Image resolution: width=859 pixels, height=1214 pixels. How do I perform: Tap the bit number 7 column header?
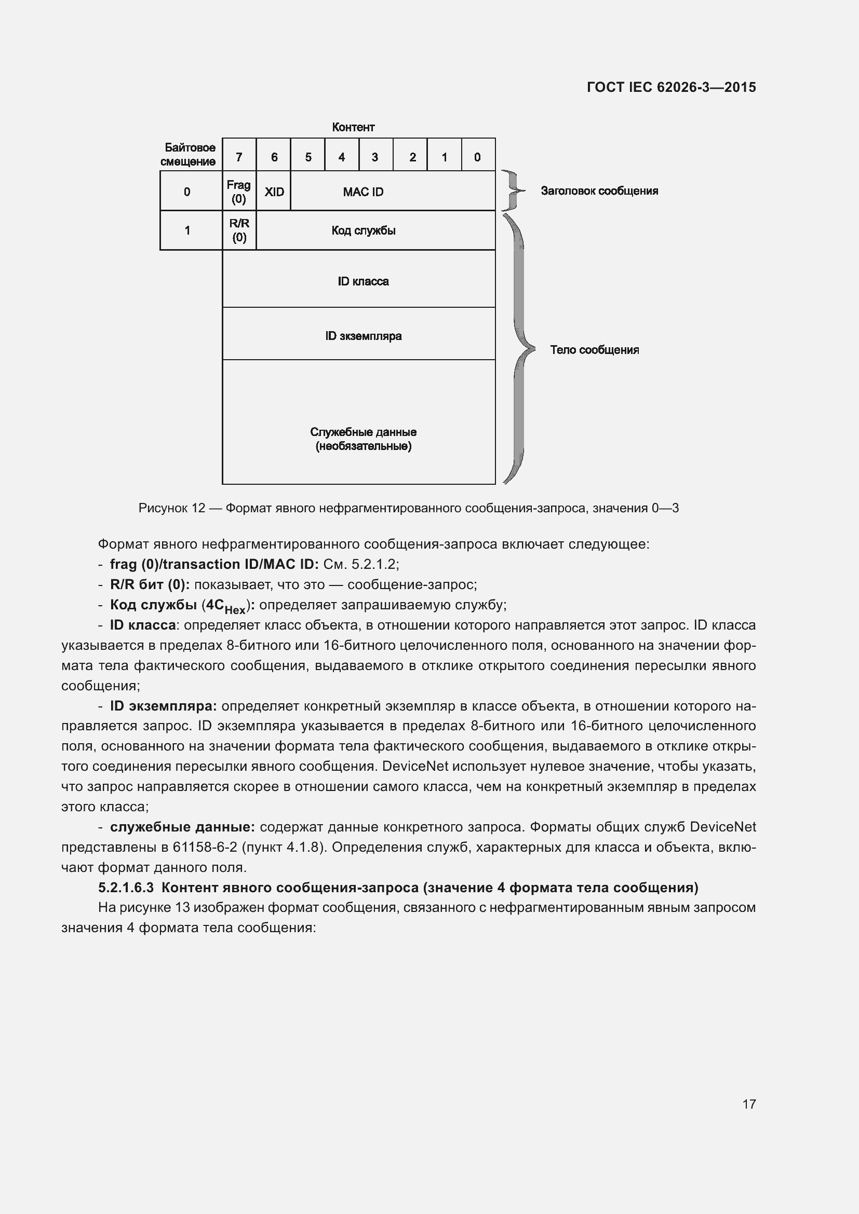pyautogui.click(x=239, y=157)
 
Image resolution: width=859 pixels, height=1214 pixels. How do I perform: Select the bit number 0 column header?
pyautogui.click(x=477, y=157)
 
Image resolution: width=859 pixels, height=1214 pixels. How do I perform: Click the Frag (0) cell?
pyautogui.click(x=239, y=192)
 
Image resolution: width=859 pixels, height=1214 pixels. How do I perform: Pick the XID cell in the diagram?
pyautogui.click(x=274, y=192)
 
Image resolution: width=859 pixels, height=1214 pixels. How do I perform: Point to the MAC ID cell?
pyautogui.click(x=364, y=192)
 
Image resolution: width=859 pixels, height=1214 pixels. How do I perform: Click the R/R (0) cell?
pyautogui.click(x=239, y=230)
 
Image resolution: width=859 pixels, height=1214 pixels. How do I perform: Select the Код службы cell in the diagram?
pyautogui.click(x=364, y=230)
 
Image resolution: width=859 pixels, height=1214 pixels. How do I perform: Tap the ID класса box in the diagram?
pyautogui.click(x=364, y=281)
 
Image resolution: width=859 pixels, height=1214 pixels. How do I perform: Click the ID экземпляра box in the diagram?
pyautogui.click(x=364, y=336)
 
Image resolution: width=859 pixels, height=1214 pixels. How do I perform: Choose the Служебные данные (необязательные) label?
pyautogui.click(x=364, y=439)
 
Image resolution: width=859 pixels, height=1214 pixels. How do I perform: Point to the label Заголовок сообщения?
pyautogui.click(x=599, y=191)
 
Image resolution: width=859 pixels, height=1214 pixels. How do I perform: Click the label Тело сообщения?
pyautogui.click(x=594, y=349)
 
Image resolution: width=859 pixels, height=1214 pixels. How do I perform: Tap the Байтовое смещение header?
pyautogui.click(x=189, y=154)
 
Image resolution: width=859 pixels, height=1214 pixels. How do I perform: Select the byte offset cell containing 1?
pyautogui.click(x=187, y=230)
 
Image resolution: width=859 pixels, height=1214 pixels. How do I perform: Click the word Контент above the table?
pyautogui.click(x=353, y=127)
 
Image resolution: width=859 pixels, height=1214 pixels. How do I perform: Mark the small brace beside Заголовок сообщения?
pyautogui.click(x=512, y=190)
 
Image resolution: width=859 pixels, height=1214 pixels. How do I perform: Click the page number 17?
pyautogui.click(x=749, y=1104)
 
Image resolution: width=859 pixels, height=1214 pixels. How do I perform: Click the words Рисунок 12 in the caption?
pyautogui.click(x=171, y=508)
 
